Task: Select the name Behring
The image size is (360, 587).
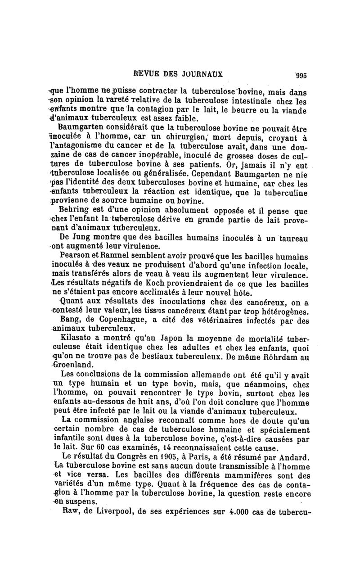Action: pyautogui.click(x=74, y=211)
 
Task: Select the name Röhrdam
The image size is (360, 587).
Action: pyautogui.click(x=275, y=357)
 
